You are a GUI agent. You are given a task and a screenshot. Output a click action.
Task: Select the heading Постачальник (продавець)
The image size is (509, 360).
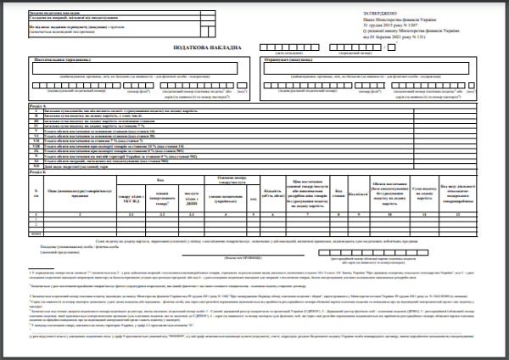coord(66,61)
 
